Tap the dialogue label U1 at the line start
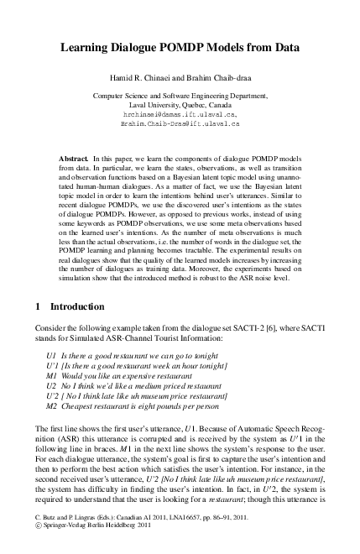pyautogui.click(x=51, y=357)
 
